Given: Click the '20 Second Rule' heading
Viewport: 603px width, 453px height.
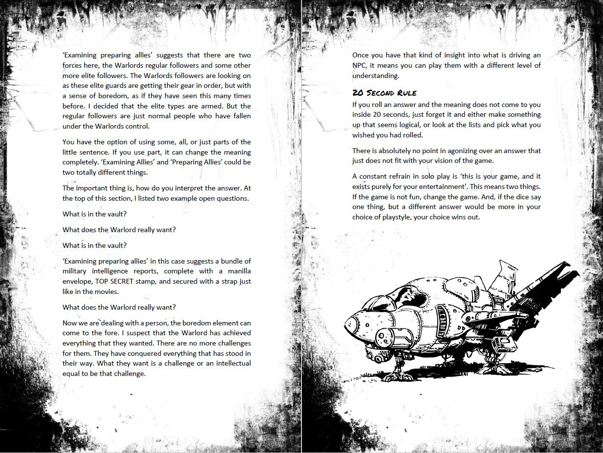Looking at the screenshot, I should (384, 92).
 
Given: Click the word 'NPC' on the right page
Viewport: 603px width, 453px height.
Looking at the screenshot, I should (360, 65).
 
